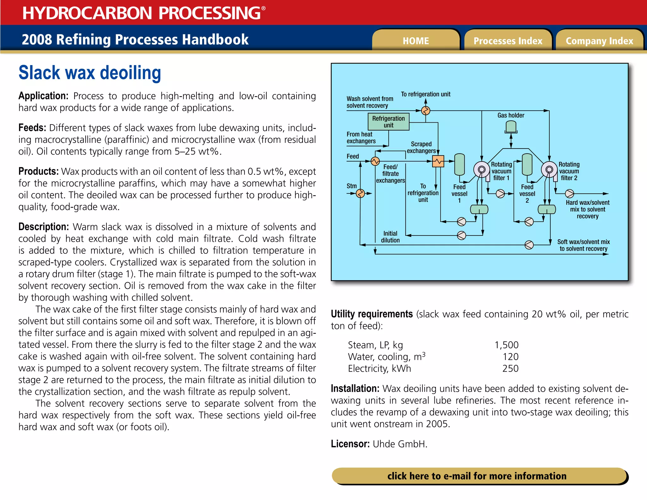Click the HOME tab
point(416,41)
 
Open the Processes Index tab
point(508,41)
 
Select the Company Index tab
point(599,41)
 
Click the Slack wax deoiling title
point(90,73)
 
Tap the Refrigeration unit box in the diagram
point(388,122)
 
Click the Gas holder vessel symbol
point(511,127)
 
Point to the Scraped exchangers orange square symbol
point(438,162)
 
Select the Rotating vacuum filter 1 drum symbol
point(481,170)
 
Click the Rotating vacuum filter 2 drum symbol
point(549,170)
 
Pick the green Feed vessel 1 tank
point(459,164)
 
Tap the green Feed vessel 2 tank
point(527,164)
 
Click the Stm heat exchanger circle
point(360,193)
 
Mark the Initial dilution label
point(390,237)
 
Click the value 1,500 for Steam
point(506,345)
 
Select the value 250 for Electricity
point(511,369)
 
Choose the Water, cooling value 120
point(511,357)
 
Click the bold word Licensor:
point(350,444)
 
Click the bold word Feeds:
point(32,128)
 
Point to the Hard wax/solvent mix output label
point(587,209)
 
